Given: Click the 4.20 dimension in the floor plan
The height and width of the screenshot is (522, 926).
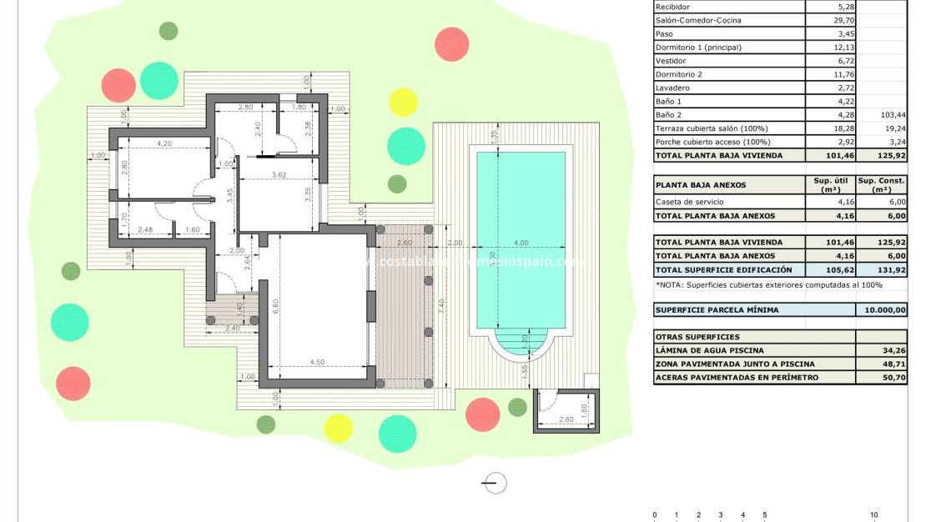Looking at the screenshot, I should (x=163, y=143).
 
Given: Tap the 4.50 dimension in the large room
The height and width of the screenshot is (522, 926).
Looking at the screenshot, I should (x=318, y=361).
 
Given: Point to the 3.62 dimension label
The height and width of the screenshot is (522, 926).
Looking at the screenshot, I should (x=279, y=174).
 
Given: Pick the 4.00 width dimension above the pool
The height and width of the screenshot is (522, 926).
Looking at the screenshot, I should (x=521, y=243).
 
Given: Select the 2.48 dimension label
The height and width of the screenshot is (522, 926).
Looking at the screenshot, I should (x=145, y=229).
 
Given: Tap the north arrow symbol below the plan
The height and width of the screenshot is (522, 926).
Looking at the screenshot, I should (x=496, y=482).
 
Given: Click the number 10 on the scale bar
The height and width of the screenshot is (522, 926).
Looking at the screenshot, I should (x=874, y=514).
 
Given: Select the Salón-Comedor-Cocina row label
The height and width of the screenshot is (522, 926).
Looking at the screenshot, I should (x=698, y=20).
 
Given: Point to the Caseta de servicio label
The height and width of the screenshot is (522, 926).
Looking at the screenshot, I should (x=690, y=202).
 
